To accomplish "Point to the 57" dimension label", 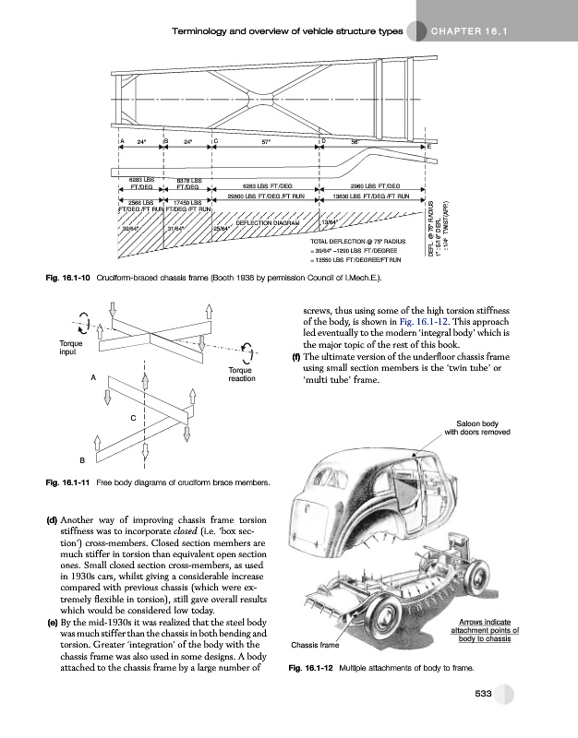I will tap(266, 142).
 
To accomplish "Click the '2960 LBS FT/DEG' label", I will tap(374, 184).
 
